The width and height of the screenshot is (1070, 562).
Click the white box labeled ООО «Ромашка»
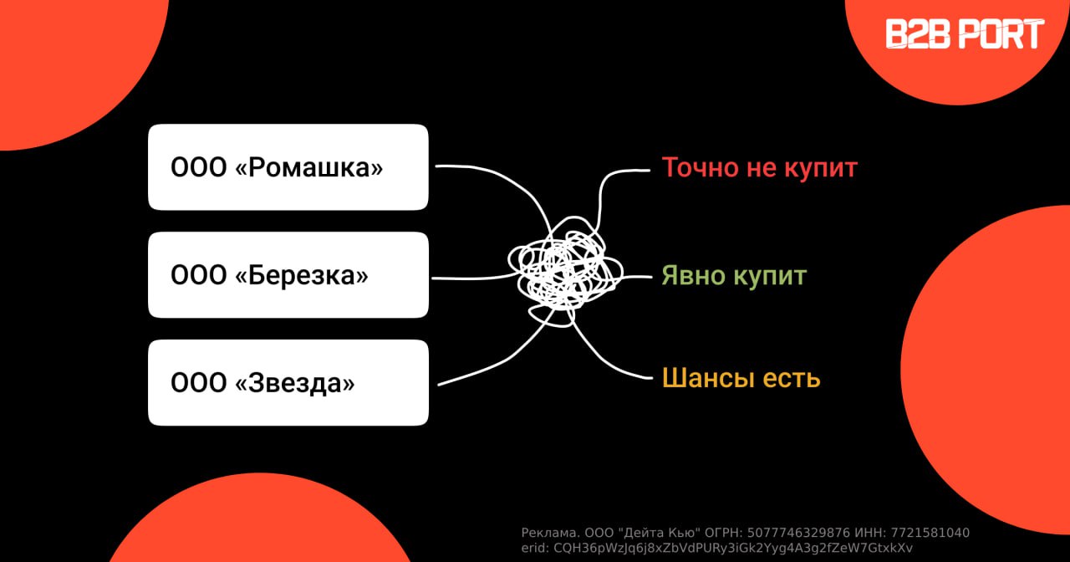(x=288, y=167)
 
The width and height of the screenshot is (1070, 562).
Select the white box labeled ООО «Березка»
(x=288, y=275)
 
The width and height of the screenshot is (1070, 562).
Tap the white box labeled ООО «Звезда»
(x=288, y=383)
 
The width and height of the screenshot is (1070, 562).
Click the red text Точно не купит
(x=759, y=167)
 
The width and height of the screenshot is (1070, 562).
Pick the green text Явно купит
(x=733, y=275)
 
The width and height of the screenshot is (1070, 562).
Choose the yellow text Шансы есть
(x=741, y=378)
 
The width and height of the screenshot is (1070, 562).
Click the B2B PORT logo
(x=965, y=34)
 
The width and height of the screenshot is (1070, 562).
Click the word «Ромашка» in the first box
(x=309, y=168)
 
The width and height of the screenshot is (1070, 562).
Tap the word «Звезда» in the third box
(x=295, y=384)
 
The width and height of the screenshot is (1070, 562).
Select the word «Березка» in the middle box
(x=302, y=276)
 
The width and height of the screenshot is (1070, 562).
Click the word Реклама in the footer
(x=547, y=533)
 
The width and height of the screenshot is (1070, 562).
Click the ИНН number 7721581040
(x=930, y=533)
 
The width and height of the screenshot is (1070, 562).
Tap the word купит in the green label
(x=771, y=275)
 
